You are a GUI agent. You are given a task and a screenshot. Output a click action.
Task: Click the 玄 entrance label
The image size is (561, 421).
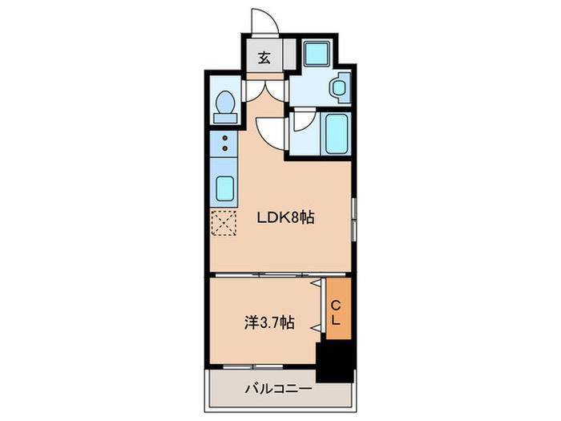pyautogui.click(x=264, y=57)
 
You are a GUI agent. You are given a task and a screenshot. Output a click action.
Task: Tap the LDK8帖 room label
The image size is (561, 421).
pyautogui.click(x=285, y=217)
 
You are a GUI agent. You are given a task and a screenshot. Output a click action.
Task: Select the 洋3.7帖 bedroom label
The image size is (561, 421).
pyautogui.click(x=269, y=322)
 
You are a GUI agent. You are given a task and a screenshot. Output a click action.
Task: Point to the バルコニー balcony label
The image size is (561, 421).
pyautogui.click(x=279, y=388)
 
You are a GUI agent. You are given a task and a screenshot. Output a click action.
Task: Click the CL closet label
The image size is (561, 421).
pyautogui.click(x=335, y=313)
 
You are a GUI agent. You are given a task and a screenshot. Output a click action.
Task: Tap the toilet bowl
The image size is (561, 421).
pyautogui.click(x=225, y=101)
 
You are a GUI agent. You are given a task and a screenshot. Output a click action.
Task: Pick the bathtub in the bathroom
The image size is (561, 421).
pyautogui.click(x=337, y=133)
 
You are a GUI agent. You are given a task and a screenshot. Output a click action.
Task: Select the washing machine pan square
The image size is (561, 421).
pyautogui.click(x=317, y=54)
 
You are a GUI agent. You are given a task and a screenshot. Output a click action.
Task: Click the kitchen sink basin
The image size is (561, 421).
pyautogui.click(x=225, y=188)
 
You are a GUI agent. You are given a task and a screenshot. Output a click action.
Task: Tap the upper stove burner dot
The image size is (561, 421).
pyautogui.click(x=225, y=138)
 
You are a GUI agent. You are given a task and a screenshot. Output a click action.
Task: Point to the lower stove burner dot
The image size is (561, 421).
pyautogui.click(x=225, y=148)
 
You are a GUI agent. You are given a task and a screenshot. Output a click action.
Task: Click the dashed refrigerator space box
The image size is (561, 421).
pyautogui.click(x=224, y=223)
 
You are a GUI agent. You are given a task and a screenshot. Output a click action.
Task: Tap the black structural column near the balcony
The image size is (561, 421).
pyautogui.click(x=334, y=362)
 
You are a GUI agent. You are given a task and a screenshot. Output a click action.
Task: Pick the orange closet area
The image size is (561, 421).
pyautogui.click(x=338, y=309)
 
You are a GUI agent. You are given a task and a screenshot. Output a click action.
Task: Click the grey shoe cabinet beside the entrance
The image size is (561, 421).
pyautogui.click(x=290, y=54)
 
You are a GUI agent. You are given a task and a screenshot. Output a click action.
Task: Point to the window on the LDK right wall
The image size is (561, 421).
pyautogui.click(x=353, y=219)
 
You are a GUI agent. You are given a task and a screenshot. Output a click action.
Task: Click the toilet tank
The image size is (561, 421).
pyautogui.click(x=225, y=118)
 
